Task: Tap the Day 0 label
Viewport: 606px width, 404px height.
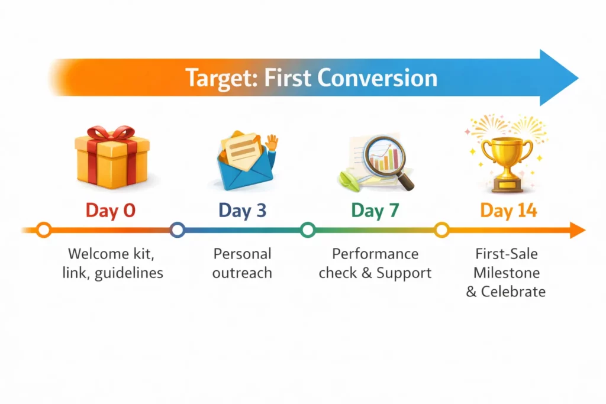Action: [111, 210]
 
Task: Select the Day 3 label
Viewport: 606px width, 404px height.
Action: [243, 210]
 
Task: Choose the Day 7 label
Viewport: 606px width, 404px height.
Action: [375, 210]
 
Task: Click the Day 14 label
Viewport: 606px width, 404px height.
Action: [508, 210]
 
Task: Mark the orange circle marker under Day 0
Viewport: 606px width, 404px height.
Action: [44, 230]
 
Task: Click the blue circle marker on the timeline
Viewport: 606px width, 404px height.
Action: [177, 230]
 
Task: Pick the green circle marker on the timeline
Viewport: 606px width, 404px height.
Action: [307, 230]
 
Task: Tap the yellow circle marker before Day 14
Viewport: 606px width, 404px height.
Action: [441, 230]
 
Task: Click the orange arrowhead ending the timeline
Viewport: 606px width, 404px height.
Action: [578, 230]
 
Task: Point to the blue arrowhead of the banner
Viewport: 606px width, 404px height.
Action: [559, 77]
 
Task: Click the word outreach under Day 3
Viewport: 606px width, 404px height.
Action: [243, 273]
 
